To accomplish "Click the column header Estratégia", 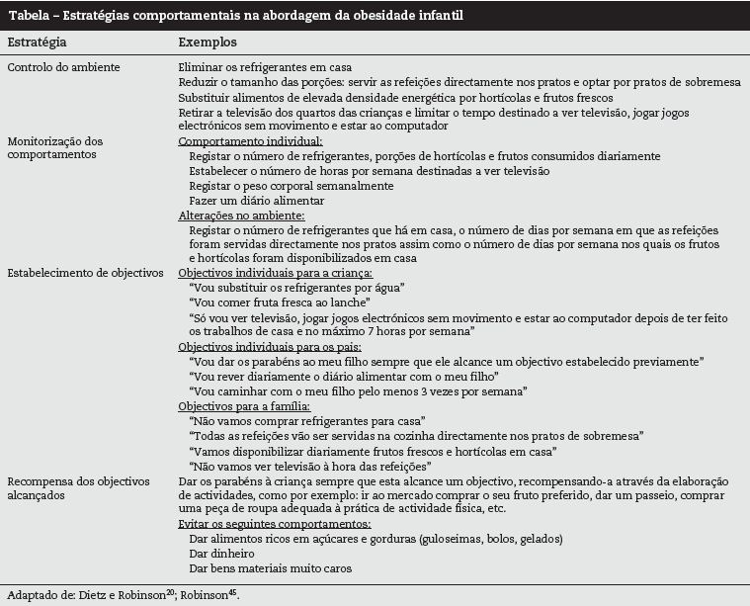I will tap(37, 43).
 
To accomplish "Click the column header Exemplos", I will tap(207, 43).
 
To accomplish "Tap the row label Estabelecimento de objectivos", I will tap(85, 272).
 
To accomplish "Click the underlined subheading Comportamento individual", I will tap(243, 141).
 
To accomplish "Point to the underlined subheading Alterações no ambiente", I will tap(241, 215).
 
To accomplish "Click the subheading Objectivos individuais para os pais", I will tap(270, 348).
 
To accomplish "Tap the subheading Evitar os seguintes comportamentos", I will tap(274, 524).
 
